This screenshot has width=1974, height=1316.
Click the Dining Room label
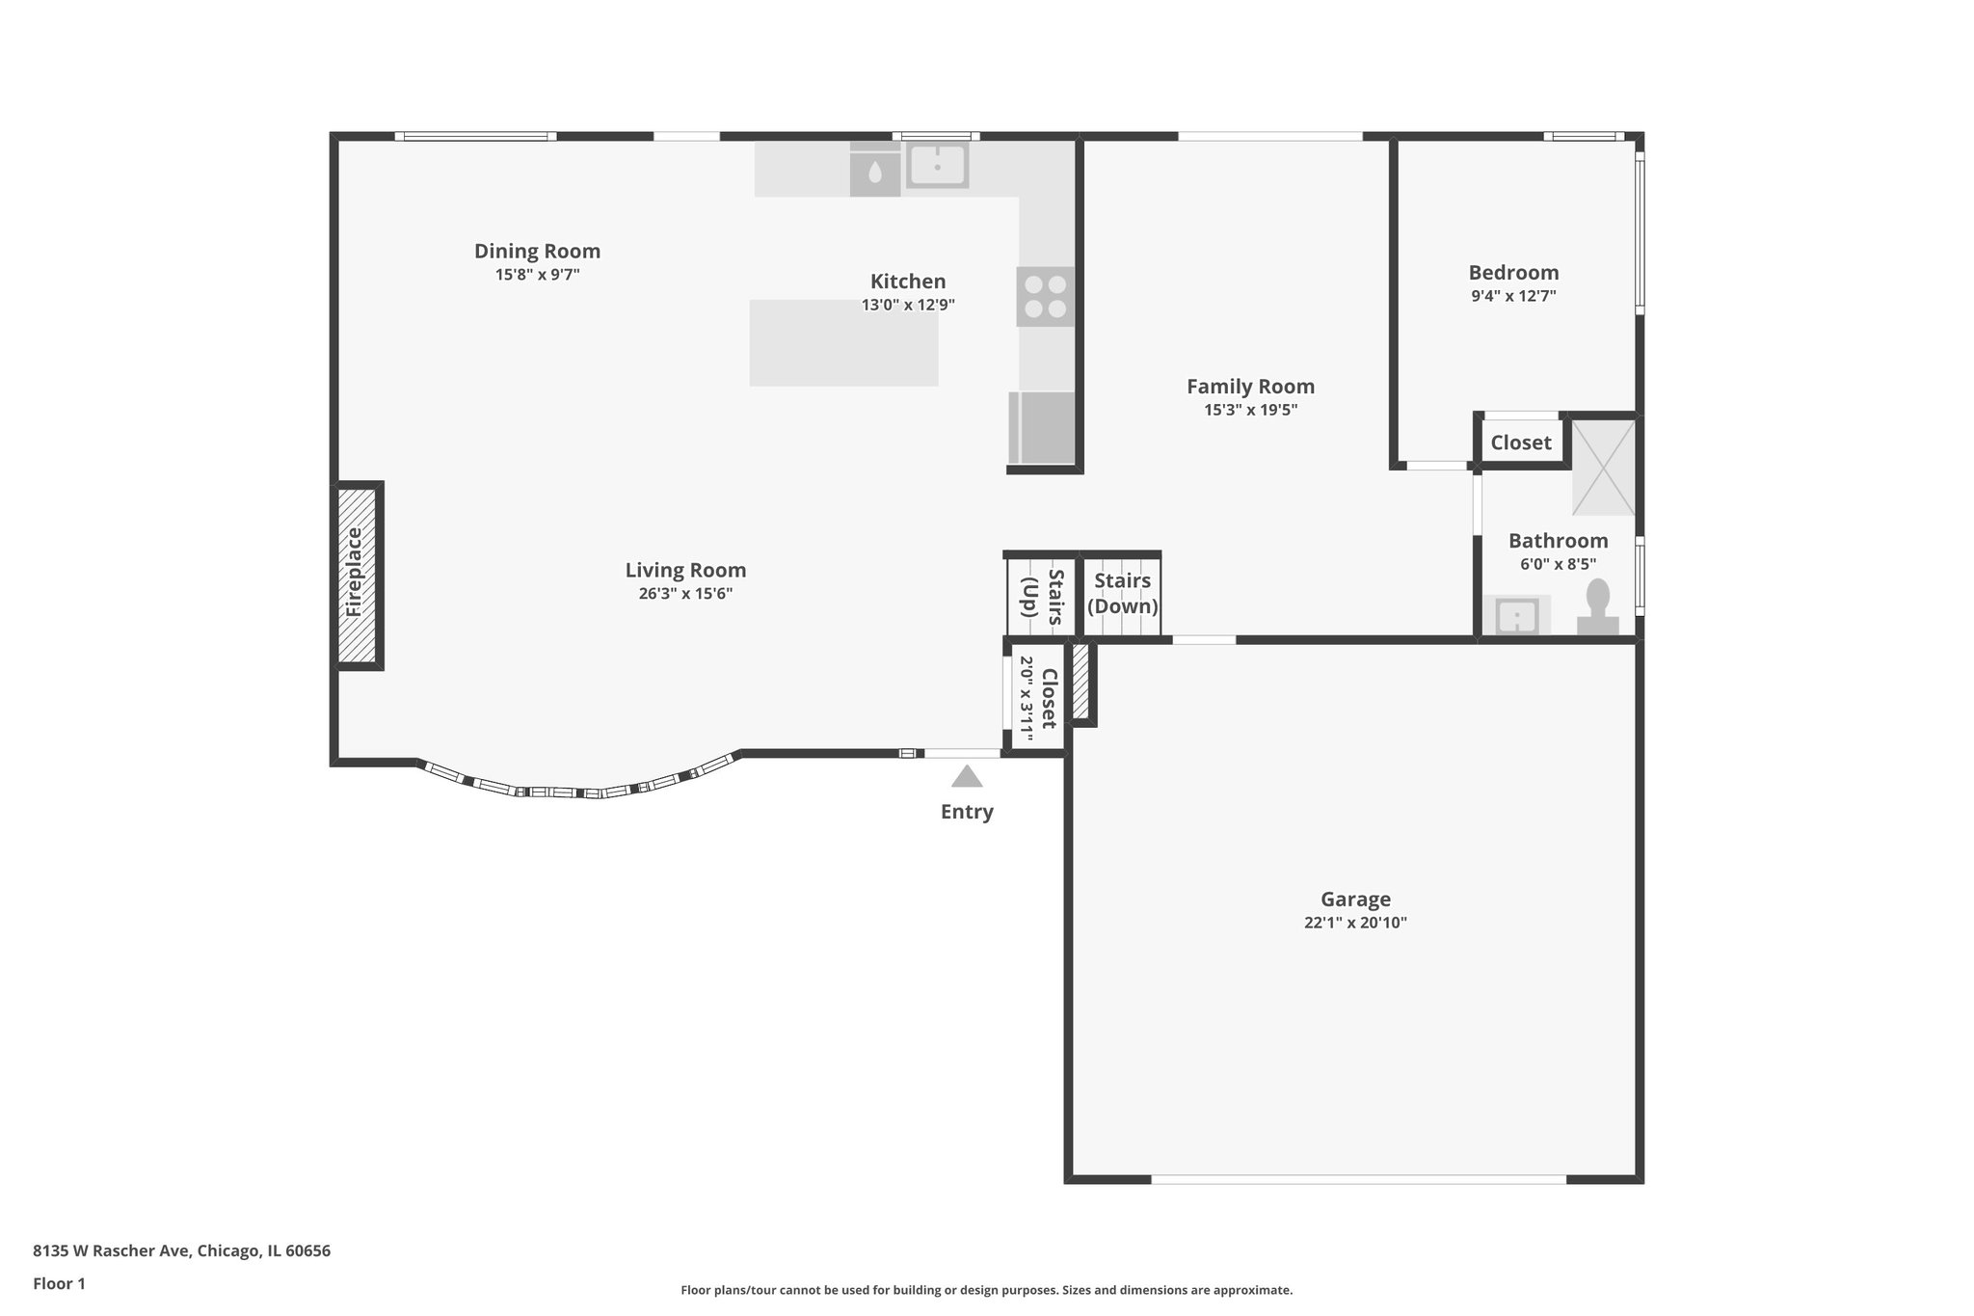pyautogui.click(x=537, y=252)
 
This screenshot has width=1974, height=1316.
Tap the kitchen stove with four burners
pyautogui.click(x=1045, y=296)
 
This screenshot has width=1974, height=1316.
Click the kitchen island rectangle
pyautogui.click(x=843, y=343)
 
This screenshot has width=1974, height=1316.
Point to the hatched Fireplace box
pyautogui.click(x=356, y=575)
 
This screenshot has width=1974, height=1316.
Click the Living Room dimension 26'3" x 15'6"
pyautogui.click(x=685, y=594)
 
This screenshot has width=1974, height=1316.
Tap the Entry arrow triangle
pyautogui.click(x=967, y=777)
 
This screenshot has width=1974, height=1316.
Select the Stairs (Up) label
pyautogui.click(x=1042, y=597)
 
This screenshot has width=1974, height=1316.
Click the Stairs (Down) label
pyautogui.click(x=1122, y=593)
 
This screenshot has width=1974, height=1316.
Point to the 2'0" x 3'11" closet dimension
pyautogui.click(x=1027, y=698)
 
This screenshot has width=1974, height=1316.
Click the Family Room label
pyautogui.click(x=1250, y=387)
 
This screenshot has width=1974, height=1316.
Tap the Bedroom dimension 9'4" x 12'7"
pyautogui.click(x=1513, y=296)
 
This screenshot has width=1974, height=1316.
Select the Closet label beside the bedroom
pyautogui.click(x=1521, y=443)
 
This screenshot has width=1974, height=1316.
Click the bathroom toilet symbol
pyautogui.click(x=1597, y=607)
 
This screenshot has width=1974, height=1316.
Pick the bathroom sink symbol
pyautogui.click(x=1516, y=615)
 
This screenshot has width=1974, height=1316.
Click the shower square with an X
pyautogui.click(x=1603, y=468)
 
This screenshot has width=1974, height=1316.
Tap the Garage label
pyautogui.click(x=1355, y=900)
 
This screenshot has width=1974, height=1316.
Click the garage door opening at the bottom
pyautogui.click(x=1357, y=1178)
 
